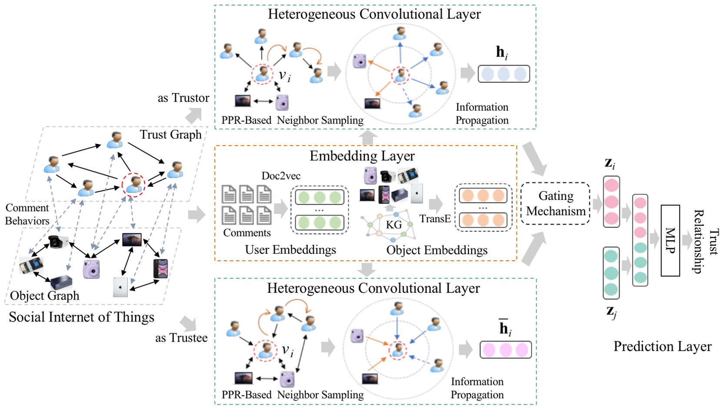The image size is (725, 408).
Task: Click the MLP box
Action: (x=670, y=240)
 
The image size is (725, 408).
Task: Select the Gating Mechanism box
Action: (x=555, y=203)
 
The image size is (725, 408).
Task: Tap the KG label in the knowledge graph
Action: (x=394, y=225)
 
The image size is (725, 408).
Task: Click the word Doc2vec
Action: (x=281, y=176)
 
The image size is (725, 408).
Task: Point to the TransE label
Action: (x=435, y=219)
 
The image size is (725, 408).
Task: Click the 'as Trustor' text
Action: (x=183, y=98)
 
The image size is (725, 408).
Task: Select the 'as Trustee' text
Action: (x=181, y=338)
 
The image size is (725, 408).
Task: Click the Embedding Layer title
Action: (x=362, y=156)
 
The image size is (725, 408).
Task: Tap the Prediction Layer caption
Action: (x=662, y=346)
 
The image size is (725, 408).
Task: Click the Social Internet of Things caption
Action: (x=81, y=317)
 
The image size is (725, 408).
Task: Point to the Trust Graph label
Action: (x=170, y=134)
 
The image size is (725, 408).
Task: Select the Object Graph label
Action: (x=44, y=295)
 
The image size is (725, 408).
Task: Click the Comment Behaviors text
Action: (x=27, y=214)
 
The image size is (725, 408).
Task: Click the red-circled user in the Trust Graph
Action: (x=133, y=185)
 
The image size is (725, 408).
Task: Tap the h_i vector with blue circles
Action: (x=503, y=74)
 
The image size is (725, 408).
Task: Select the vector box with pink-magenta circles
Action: (x=505, y=350)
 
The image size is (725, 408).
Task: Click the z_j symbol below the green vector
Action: (x=611, y=312)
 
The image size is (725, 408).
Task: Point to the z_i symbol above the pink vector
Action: (x=610, y=163)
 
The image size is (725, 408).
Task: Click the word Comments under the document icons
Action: (x=247, y=233)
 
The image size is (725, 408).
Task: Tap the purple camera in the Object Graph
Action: (x=91, y=268)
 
